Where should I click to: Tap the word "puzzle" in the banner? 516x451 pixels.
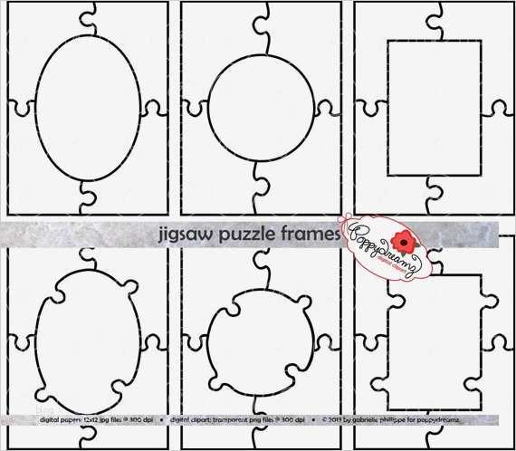click(x=234, y=234)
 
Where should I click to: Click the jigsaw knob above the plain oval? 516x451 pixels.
click(x=89, y=15)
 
